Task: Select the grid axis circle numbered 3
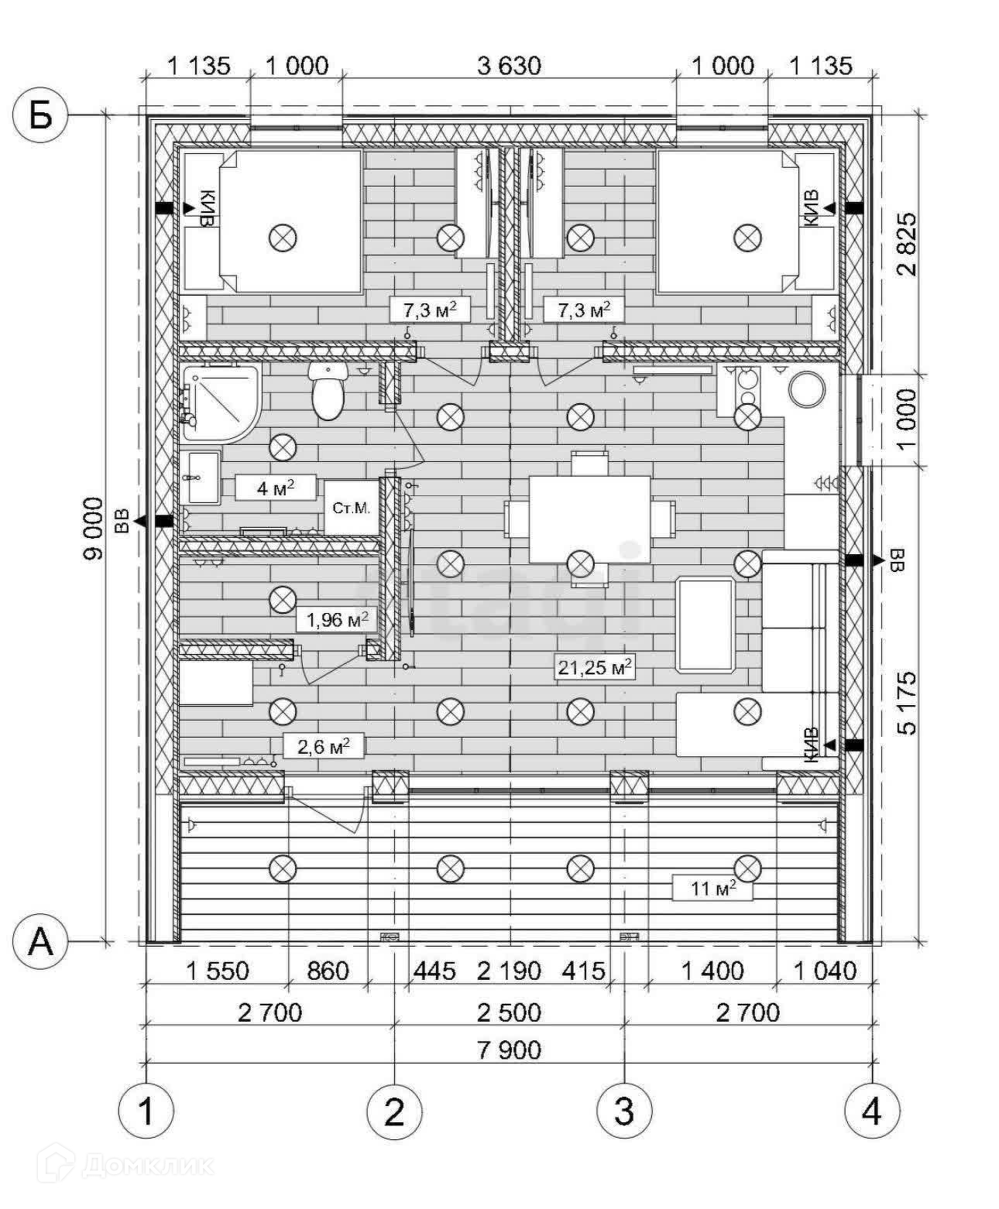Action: (x=623, y=1111)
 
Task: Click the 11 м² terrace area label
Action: (x=712, y=888)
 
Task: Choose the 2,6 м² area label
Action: (x=324, y=746)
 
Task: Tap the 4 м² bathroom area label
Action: (x=276, y=488)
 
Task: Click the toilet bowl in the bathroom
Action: (x=328, y=392)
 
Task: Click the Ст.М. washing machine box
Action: (x=351, y=508)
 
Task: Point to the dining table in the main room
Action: (x=589, y=519)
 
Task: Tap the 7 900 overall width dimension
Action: (x=509, y=1050)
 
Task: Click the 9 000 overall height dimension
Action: (x=94, y=528)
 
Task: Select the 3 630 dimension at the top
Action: (x=509, y=66)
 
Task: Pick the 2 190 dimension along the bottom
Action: (x=509, y=971)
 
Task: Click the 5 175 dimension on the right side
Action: (x=907, y=702)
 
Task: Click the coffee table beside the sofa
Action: (x=705, y=624)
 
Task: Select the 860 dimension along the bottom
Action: (x=328, y=971)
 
